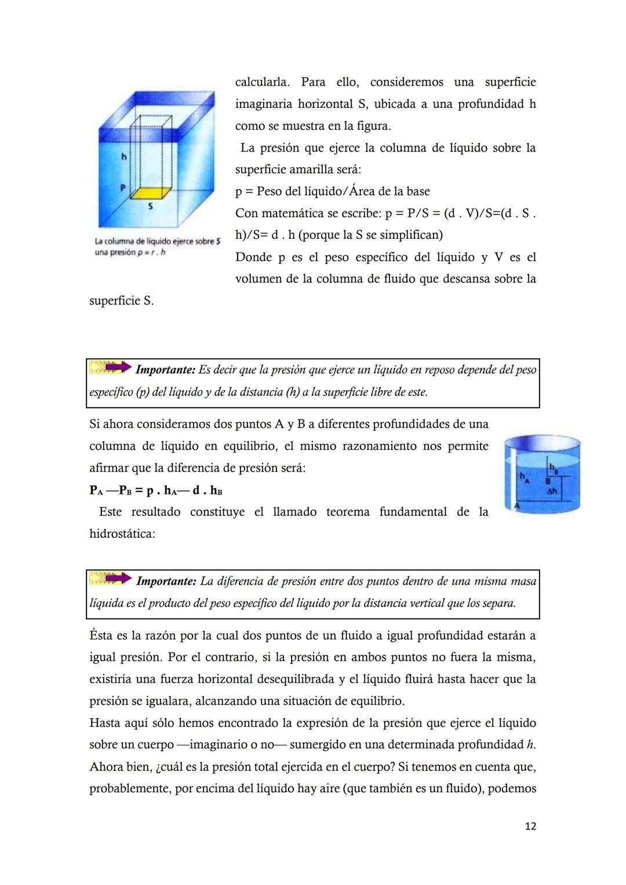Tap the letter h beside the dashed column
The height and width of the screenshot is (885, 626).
pyautogui.click(x=123, y=156)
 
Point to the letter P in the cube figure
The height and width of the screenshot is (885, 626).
pyautogui.click(x=123, y=188)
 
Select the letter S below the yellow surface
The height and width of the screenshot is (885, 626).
pyautogui.click(x=151, y=206)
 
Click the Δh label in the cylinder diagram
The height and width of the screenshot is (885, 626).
pyautogui.click(x=552, y=491)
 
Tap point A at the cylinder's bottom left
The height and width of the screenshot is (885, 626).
pyautogui.click(x=517, y=506)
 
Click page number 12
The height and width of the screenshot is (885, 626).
pyautogui.click(x=530, y=826)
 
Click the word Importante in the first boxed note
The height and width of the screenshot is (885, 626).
pyautogui.click(x=165, y=370)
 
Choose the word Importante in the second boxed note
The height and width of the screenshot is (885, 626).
pyautogui.click(x=166, y=581)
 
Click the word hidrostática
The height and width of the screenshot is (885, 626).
pyautogui.click(x=122, y=534)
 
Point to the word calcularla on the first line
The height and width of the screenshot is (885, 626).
pyautogui.click(x=262, y=82)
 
